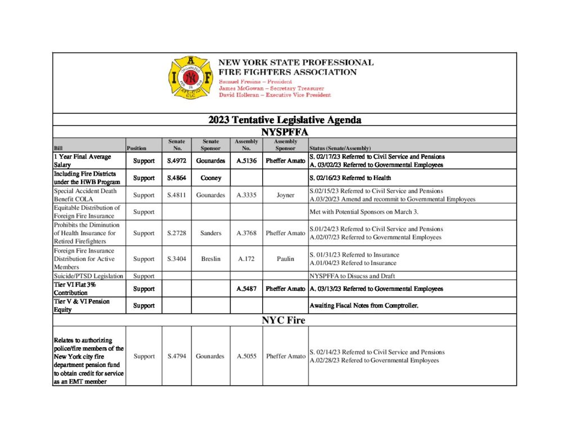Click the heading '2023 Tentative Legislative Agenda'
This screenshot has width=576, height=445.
coord(285,120)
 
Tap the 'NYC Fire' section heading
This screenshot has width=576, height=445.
coord(285,321)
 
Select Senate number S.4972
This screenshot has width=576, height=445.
coord(177,161)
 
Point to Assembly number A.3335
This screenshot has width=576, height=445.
coord(247,195)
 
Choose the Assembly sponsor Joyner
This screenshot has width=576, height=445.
coord(285,195)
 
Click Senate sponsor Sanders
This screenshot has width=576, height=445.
coord(210,233)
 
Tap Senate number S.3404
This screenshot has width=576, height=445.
coord(177,259)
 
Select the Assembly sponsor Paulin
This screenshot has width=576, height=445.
coord(285,259)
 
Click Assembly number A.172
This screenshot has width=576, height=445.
coord(247,259)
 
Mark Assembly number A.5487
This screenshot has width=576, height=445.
coord(247,289)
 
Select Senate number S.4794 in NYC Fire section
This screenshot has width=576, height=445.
coord(177,356)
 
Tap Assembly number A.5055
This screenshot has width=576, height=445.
coord(247,356)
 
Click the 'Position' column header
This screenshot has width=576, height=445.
coord(137,149)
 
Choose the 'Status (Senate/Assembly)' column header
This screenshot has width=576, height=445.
coord(340,149)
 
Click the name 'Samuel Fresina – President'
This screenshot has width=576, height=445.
coord(255,82)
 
